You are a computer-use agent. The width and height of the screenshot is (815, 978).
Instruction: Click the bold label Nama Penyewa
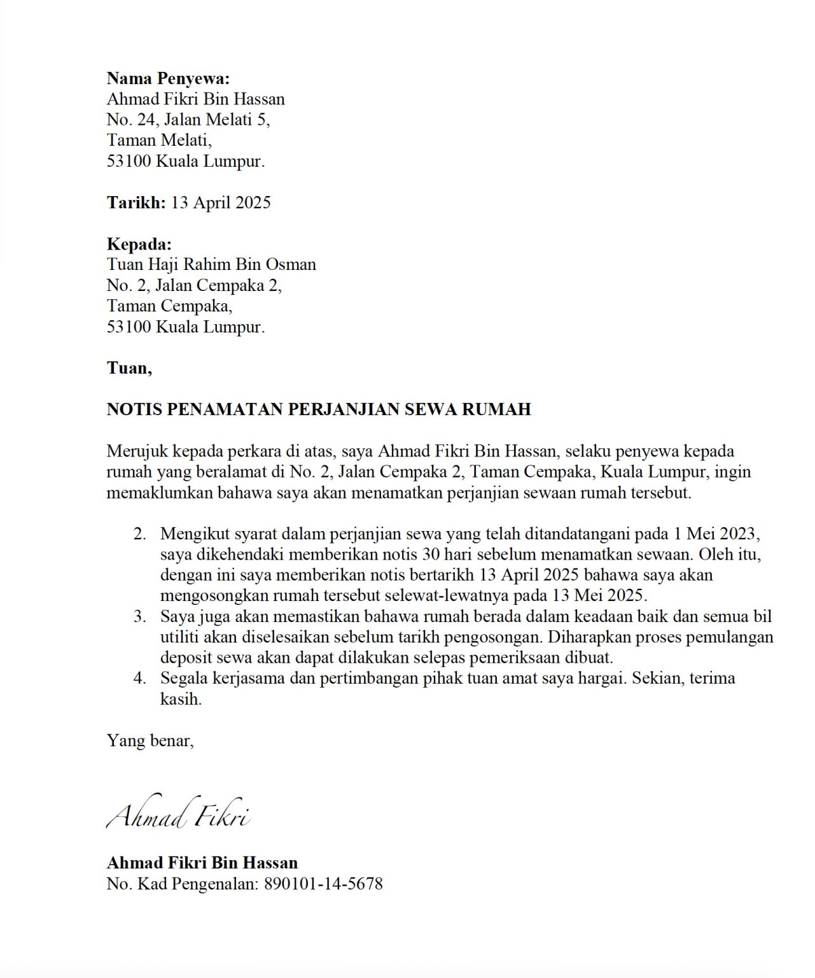point(167,78)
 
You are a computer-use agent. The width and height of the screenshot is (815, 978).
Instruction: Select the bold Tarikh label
point(136,202)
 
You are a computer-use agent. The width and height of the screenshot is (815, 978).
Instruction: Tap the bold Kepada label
point(139,244)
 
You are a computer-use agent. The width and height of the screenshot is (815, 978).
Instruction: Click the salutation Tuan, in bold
point(129,368)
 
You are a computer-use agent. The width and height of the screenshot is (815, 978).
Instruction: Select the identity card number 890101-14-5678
point(323,884)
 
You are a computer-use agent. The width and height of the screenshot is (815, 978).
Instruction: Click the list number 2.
point(140,534)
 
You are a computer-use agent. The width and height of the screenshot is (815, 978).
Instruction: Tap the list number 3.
point(140,616)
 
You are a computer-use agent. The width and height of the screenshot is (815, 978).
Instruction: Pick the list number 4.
point(140,678)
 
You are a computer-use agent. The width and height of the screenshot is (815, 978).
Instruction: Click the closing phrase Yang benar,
point(150,741)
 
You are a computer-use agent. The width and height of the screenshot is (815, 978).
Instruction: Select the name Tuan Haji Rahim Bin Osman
point(211,264)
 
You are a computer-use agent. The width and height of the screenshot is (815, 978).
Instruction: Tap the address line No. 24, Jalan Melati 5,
point(188,120)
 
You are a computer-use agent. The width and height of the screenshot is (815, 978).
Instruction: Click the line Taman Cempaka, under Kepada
point(169,306)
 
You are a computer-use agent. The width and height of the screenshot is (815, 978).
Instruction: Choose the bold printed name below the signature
point(202,863)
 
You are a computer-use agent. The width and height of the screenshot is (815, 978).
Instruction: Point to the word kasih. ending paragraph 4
point(181,698)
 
